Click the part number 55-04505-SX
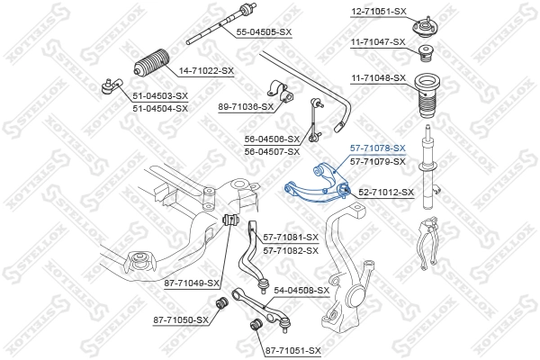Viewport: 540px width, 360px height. click(264, 32)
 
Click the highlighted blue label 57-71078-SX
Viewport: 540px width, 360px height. click(378, 148)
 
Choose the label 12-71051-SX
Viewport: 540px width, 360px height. click(378, 11)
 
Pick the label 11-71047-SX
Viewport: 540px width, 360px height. click(378, 41)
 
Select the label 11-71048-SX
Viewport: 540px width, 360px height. click(378, 78)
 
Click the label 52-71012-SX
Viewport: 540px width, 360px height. click(386, 192)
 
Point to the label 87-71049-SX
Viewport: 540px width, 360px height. click(193, 283)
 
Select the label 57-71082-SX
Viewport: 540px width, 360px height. click(290, 250)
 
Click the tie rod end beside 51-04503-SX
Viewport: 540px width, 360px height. click(108, 86)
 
